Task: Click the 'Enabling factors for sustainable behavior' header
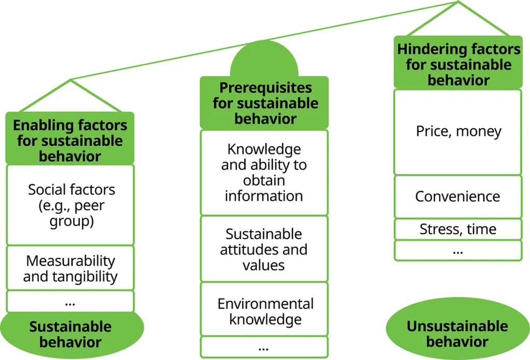point(70,140)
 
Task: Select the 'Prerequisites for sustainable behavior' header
point(264,103)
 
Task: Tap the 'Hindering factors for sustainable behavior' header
point(458,64)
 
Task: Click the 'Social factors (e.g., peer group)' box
point(70,205)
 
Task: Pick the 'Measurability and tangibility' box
point(70,268)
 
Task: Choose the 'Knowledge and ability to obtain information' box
point(264,172)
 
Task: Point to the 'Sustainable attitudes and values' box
point(264,249)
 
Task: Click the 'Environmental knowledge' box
point(264,310)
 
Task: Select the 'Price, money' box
point(458,132)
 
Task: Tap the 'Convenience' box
point(458,197)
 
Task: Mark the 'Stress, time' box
point(458,229)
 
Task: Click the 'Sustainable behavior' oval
point(70,334)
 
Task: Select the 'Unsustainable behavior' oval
point(458,333)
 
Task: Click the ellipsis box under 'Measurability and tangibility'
point(70,302)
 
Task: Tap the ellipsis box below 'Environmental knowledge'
point(264,347)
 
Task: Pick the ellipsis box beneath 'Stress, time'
point(458,250)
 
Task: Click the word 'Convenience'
point(458,197)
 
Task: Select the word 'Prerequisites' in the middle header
point(265,87)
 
